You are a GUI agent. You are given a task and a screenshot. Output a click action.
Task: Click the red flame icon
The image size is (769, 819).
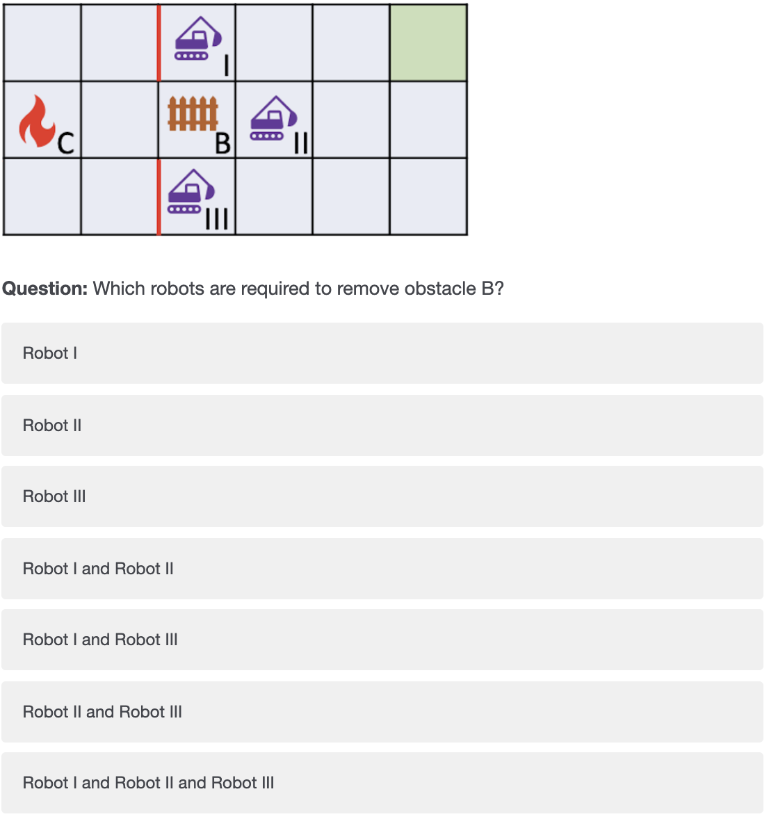[x=37, y=121]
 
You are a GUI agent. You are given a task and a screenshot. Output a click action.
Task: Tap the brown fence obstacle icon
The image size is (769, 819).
[x=193, y=113]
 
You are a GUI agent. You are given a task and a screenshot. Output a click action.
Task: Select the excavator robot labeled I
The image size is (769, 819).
[x=198, y=39]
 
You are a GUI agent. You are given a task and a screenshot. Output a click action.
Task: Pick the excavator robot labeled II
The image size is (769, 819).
[x=274, y=118]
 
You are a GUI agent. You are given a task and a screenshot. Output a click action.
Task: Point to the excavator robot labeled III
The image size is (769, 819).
[x=191, y=191]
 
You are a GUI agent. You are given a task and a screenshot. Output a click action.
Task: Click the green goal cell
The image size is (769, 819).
[x=428, y=43]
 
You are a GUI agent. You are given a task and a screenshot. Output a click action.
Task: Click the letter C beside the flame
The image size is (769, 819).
[x=66, y=143]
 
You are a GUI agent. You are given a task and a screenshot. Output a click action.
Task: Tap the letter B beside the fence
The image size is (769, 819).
[x=223, y=143]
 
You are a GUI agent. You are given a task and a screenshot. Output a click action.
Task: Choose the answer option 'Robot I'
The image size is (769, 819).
[x=382, y=353]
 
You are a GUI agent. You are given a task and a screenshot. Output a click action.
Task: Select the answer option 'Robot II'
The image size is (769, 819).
[x=382, y=425]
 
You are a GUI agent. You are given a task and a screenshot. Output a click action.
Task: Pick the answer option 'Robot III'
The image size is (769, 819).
[x=382, y=496]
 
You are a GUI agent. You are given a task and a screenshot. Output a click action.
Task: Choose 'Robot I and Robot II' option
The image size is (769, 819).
[x=382, y=568]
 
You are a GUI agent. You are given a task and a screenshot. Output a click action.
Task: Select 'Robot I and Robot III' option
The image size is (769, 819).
[x=382, y=640]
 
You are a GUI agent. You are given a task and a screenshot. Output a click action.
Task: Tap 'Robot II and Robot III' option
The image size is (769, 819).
[x=382, y=711]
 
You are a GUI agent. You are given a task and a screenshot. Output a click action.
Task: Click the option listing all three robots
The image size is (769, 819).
[x=382, y=782]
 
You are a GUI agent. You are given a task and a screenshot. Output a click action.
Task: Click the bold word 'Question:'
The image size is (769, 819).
[x=45, y=289]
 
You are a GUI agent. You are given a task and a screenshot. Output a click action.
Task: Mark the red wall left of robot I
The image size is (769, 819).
[x=159, y=43]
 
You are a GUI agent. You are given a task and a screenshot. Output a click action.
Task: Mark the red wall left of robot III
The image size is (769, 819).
[x=159, y=197]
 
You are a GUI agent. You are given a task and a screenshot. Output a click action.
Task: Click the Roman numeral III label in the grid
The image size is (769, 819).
[x=217, y=219]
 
